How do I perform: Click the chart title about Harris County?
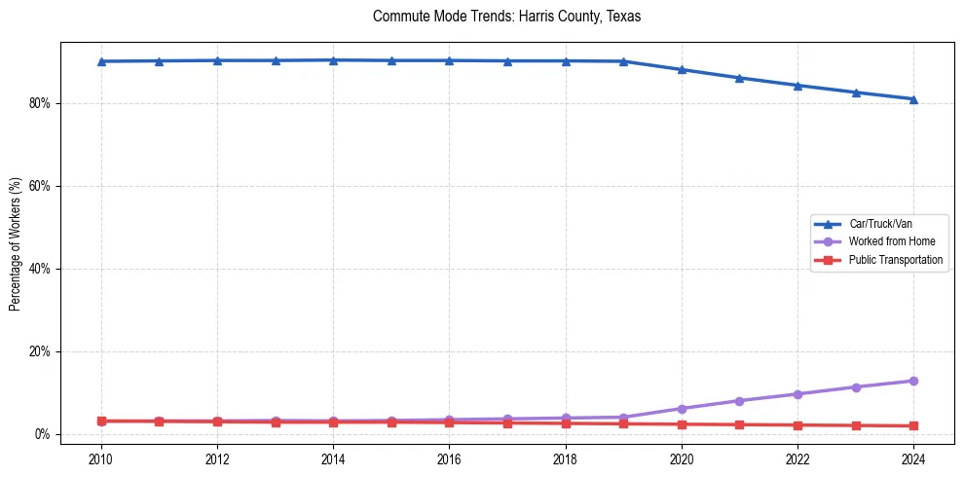(506, 17)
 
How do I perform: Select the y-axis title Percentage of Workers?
(15, 244)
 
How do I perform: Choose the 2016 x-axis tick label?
(449, 459)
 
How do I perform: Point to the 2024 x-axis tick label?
(913, 459)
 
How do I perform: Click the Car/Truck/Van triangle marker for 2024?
(913, 99)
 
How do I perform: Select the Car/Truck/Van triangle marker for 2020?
(682, 70)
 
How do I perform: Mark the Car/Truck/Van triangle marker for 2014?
(333, 60)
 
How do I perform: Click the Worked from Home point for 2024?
(913, 381)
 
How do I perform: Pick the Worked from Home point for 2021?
(739, 401)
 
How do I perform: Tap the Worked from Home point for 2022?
(797, 394)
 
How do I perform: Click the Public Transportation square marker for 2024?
(913, 425)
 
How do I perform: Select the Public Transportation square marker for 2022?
(797, 425)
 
